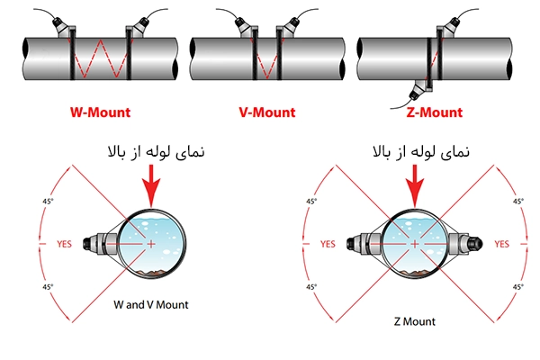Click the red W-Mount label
[x=100, y=112]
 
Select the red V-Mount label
[x=267, y=112]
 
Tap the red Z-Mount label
[x=435, y=112]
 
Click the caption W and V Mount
[x=151, y=304]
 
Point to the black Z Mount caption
[x=415, y=321]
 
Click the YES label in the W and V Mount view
[x=65, y=244]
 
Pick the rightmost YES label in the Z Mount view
[x=502, y=244]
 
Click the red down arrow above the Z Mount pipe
[x=415, y=186]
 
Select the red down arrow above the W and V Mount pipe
[x=151, y=186]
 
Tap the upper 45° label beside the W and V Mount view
[x=48, y=201]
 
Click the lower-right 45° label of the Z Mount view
[x=518, y=286]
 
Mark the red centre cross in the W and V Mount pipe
[x=151, y=244]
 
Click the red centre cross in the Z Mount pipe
[x=415, y=244]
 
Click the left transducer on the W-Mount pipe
[x=64, y=27]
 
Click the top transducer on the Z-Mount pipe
[x=447, y=28]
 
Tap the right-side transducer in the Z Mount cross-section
[x=465, y=244]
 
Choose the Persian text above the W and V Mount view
[x=156, y=152]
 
